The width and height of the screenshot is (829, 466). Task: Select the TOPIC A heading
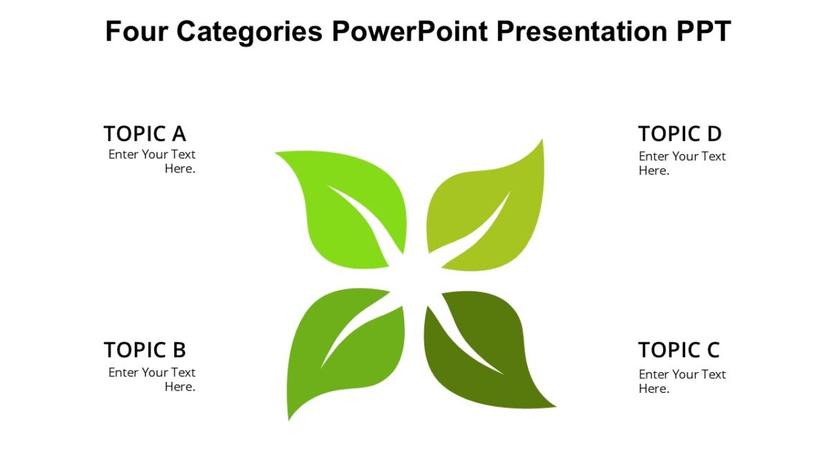point(144,133)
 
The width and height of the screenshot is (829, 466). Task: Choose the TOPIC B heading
point(144,350)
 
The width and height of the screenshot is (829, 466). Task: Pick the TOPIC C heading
point(678,350)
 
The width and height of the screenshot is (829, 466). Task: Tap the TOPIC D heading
point(680,133)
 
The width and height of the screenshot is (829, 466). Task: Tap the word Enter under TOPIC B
point(124,372)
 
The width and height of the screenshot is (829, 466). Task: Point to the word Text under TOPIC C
point(712,374)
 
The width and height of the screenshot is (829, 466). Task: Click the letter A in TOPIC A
point(178,133)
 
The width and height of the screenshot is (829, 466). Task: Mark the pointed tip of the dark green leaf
point(555,407)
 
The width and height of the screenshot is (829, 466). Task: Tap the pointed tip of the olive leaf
point(542,140)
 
